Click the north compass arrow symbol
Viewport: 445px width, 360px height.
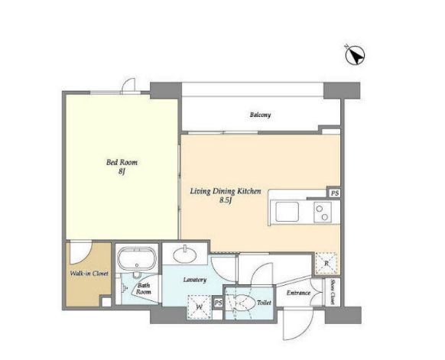click(355, 55)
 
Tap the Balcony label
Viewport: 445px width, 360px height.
click(260, 115)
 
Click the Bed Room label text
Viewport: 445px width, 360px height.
click(122, 163)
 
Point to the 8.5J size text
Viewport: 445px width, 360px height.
click(226, 200)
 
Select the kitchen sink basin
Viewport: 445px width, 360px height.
click(287, 211)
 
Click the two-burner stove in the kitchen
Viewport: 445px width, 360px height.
click(323, 212)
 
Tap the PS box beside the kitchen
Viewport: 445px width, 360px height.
click(335, 193)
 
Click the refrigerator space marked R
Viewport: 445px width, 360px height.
click(326, 264)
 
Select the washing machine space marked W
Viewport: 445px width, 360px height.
click(200, 306)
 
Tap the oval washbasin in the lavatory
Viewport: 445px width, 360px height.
click(185, 255)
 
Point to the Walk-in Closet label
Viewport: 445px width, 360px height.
click(89, 274)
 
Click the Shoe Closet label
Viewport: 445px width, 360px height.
click(333, 292)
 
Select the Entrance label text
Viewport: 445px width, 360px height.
click(298, 293)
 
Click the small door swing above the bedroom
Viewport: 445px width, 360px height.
click(128, 85)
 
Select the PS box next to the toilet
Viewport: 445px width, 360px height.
click(218, 303)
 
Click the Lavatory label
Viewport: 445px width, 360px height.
click(195, 280)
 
